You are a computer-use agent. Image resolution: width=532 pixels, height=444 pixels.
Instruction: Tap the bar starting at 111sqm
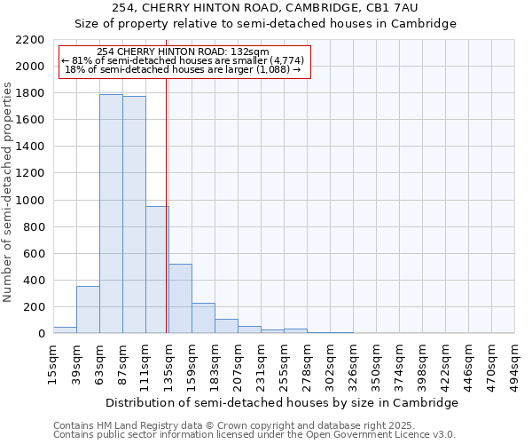[x=157, y=269]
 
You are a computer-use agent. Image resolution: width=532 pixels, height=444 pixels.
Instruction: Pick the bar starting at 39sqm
[x=88, y=309]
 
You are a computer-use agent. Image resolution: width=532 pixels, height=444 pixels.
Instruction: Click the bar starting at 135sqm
[x=180, y=298]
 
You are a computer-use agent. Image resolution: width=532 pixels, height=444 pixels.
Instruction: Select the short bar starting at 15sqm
[x=65, y=329]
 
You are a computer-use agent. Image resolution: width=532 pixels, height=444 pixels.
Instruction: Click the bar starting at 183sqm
[x=226, y=326]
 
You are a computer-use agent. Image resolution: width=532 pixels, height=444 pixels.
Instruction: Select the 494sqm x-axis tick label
[x=514, y=364]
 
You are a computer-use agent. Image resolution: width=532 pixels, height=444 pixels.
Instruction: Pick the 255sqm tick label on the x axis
[x=284, y=364]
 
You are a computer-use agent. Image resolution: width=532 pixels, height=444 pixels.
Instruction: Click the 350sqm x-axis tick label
[x=376, y=364]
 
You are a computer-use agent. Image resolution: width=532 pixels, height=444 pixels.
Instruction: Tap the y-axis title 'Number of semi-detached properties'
[x=8, y=192]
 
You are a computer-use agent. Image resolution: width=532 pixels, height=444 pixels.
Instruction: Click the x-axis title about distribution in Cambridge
[x=282, y=402]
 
